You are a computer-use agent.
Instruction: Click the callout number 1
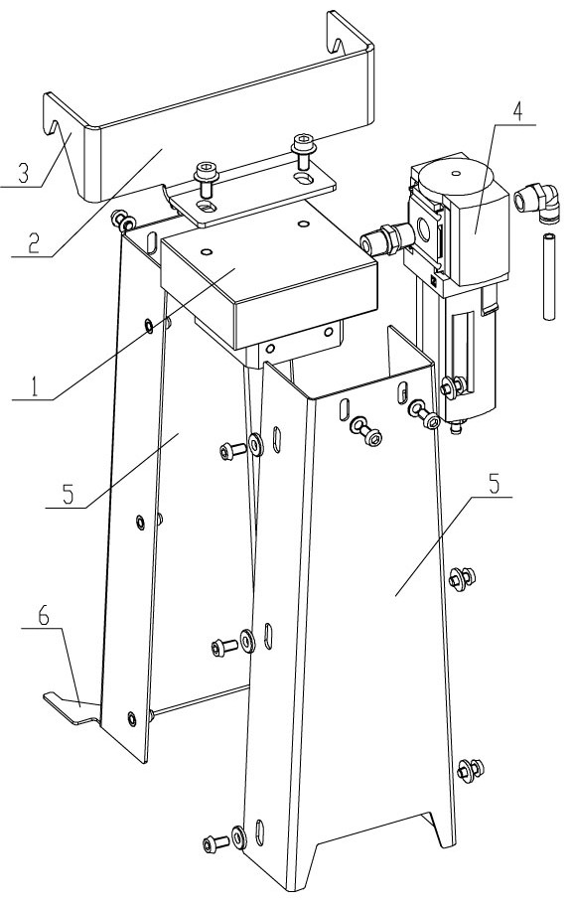35,386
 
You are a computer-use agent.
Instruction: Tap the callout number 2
33,243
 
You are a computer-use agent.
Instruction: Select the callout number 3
22,174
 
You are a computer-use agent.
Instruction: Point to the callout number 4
517,111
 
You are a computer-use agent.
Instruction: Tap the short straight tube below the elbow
549,275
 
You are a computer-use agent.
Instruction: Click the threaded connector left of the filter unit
385,238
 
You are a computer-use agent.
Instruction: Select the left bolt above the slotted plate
205,178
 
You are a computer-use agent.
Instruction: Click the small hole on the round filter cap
457,173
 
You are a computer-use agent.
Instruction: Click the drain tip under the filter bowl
457,429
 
